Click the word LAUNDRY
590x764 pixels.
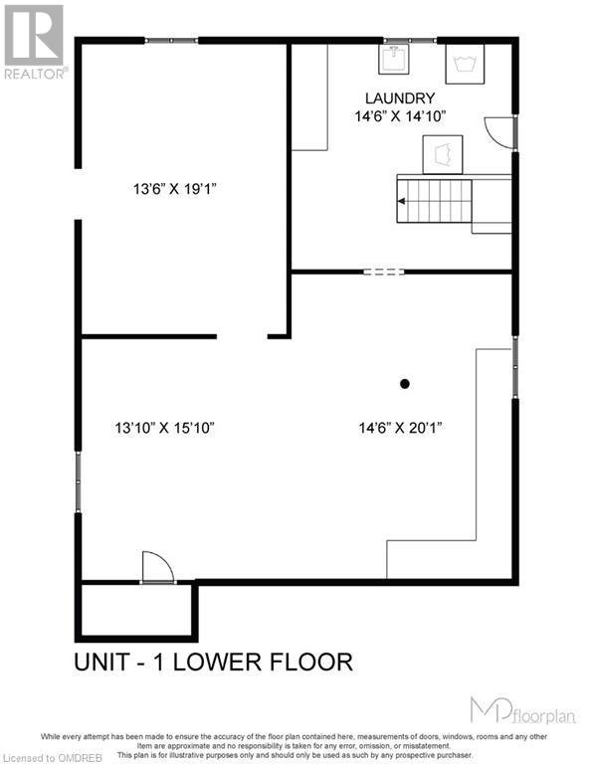click(x=399, y=97)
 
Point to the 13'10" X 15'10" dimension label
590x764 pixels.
click(x=164, y=428)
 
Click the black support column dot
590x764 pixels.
click(x=405, y=383)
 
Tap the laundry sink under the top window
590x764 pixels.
click(x=394, y=61)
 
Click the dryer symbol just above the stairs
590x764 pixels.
click(x=443, y=155)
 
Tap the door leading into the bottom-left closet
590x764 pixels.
click(x=158, y=567)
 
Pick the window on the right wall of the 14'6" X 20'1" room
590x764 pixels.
click(x=514, y=368)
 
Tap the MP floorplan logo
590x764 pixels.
click(x=518, y=708)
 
